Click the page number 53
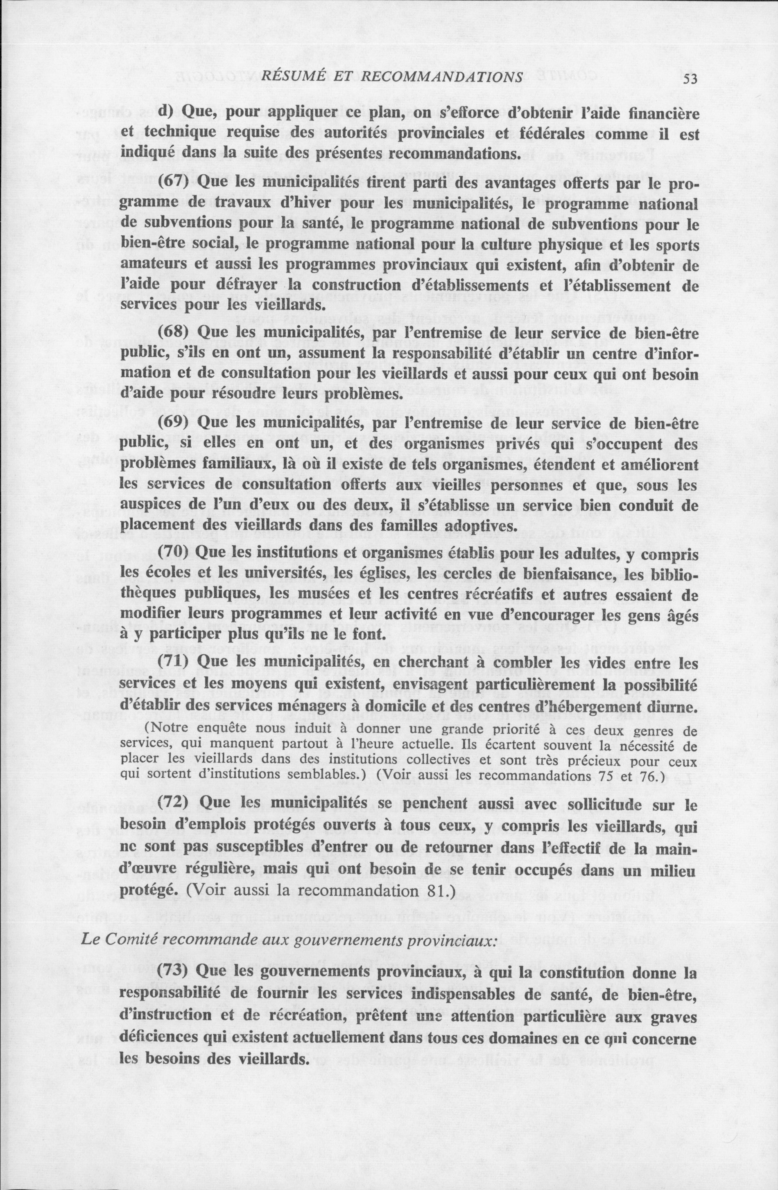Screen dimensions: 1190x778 pyautogui.click(x=688, y=79)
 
